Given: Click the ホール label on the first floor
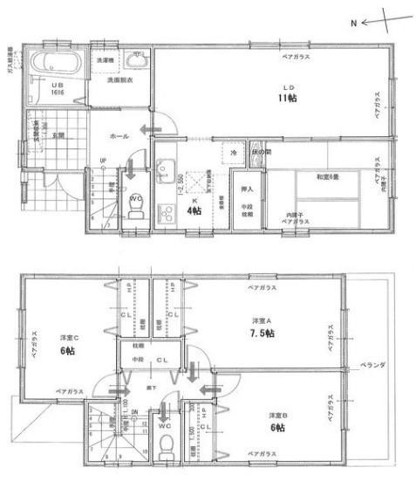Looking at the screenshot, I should point(119,137).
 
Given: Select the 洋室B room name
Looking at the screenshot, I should point(277,415).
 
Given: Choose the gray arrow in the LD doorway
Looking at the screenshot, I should point(153,129).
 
